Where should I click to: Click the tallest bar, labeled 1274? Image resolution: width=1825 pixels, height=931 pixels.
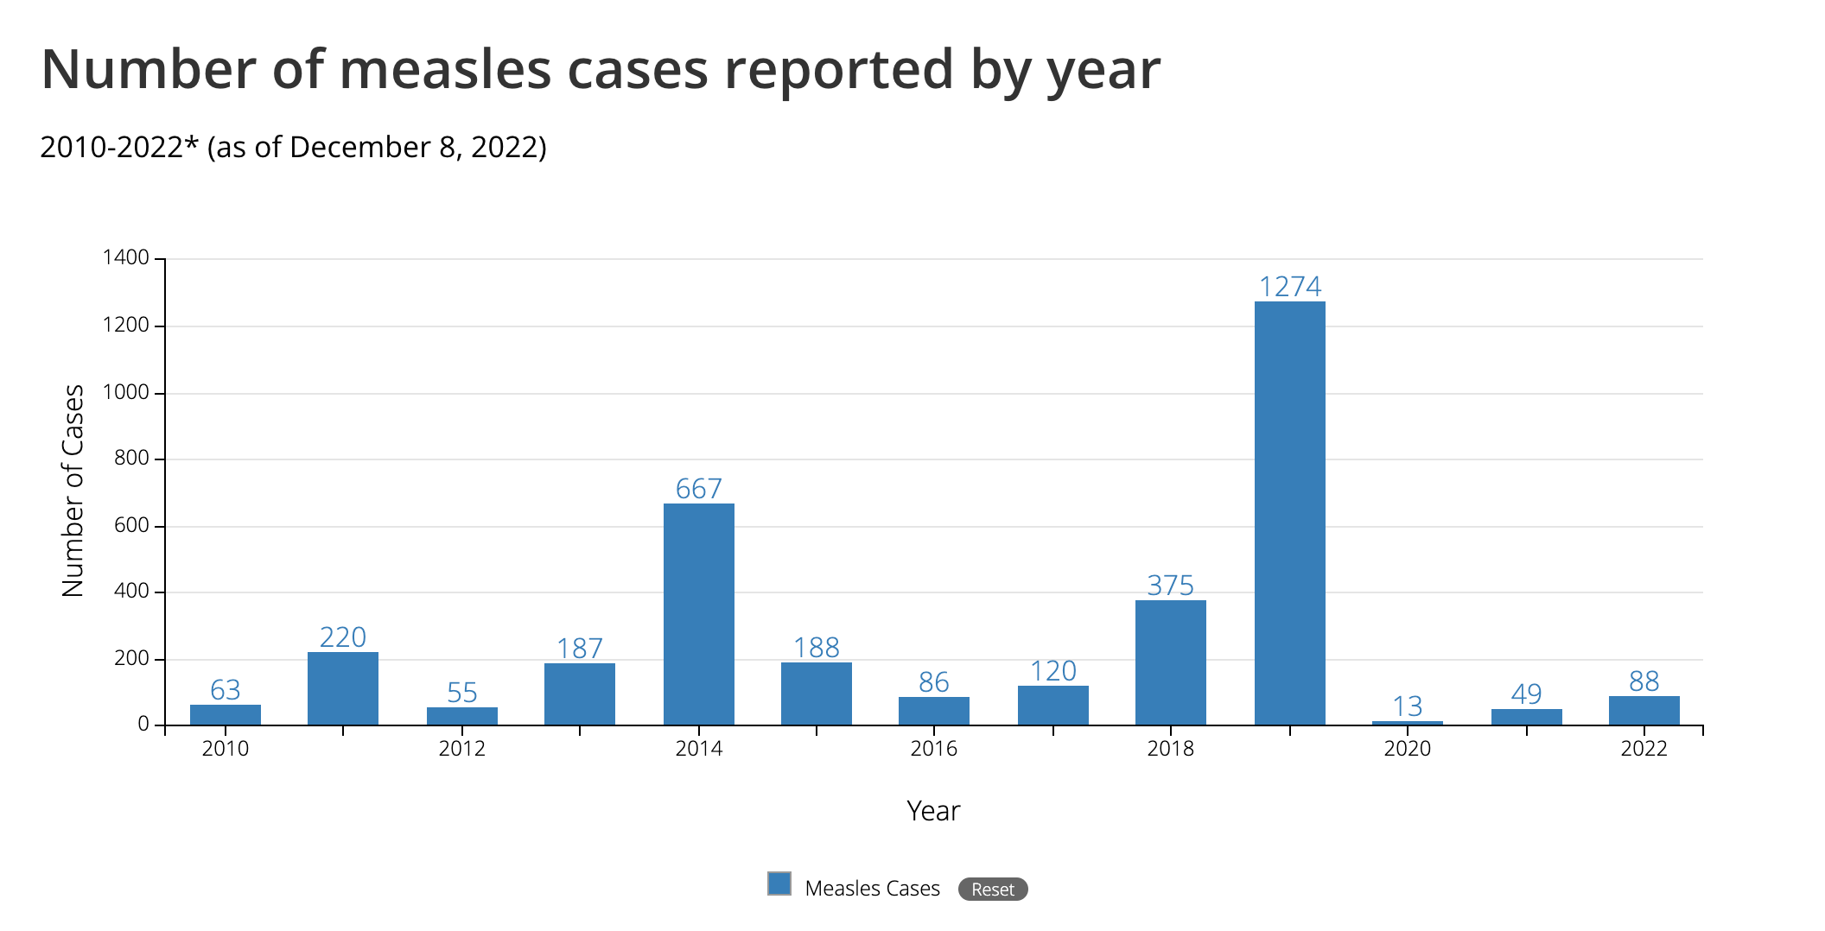pyautogui.click(x=1289, y=513)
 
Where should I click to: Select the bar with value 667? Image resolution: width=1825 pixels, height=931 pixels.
pyautogui.click(x=698, y=614)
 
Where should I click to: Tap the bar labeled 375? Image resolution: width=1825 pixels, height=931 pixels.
pyautogui.click(x=1170, y=662)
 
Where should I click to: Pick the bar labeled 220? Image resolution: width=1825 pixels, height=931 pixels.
pyautogui.click(x=343, y=688)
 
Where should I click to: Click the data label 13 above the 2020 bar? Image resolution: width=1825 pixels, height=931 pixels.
pyautogui.click(x=1407, y=706)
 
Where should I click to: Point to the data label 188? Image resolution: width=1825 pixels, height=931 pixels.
pyautogui.click(x=817, y=648)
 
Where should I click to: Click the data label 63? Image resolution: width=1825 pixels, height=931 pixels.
pyautogui.click(x=226, y=690)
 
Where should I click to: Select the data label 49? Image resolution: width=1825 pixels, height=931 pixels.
pyautogui.click(x=1526, y=694)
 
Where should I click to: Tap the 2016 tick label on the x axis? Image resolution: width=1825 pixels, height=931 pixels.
pyautogui.click(x=933, y=749)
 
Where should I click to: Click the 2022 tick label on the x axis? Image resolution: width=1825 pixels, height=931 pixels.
pyautogui.click(x=1644, y=749)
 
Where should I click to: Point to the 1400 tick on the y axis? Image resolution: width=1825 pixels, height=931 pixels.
pyautogui.click(x=126, y=257)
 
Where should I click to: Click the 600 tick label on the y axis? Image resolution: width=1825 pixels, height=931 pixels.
pyautogui.click(x=131, y=525)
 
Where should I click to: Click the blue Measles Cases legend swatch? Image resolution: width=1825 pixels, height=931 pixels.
pyautogui.click(x=779, y=883)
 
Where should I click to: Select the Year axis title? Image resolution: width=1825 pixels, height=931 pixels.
pyautogui.click(x=933, y=811)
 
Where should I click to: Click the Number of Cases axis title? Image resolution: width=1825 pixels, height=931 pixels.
pyautogui.click(x=73, y=491)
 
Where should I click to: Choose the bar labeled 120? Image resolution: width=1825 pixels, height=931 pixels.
pyautogui.click(x=1052, y=705)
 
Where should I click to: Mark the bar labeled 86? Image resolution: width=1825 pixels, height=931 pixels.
pyautogui.click(x=933, y=711)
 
